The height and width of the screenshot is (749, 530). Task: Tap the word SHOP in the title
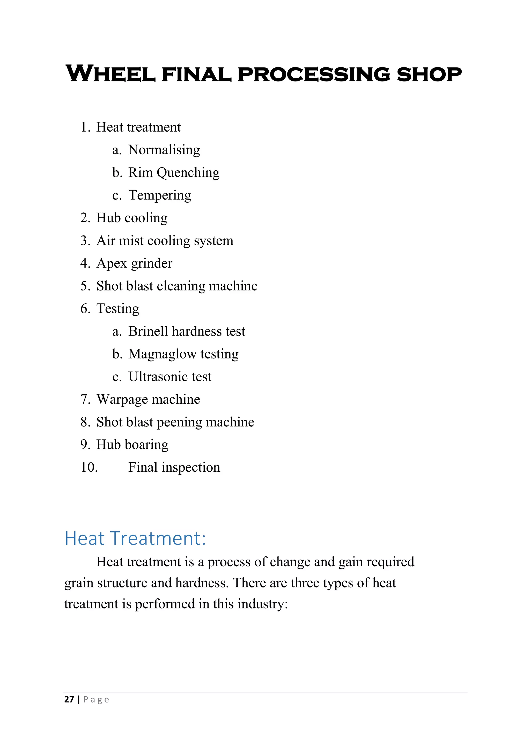(x=429, y=74)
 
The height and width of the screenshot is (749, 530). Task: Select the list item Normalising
(x=164, y=150)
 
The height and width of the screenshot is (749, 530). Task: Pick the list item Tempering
(x=160, y=195)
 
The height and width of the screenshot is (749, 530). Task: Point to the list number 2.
(x=85, y=218)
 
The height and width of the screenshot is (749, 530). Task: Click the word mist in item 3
(x=131, y=241)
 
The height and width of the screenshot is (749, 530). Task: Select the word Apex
(x=111, y=264)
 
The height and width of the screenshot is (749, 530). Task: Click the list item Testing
(x=117, y=309)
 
